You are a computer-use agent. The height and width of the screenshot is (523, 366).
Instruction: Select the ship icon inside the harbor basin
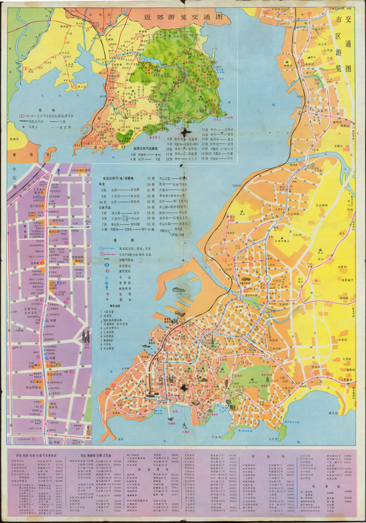tap(178, 289)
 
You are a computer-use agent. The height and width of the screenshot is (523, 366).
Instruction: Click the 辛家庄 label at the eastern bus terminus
tap(346, 380)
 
